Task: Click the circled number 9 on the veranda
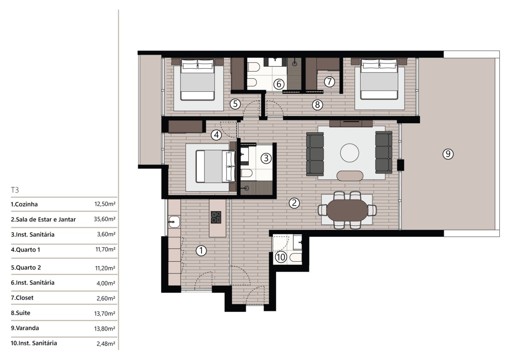point(448,154)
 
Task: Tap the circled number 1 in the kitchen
point(201,250)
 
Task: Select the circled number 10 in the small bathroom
point(281,257)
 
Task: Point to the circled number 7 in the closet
point(329,82)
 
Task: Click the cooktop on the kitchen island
point(216,217)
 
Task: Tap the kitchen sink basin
point(174,222)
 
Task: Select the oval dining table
point(347,210)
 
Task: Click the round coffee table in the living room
point(349,153)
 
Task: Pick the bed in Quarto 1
point(215,166)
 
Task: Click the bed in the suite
point(379,79)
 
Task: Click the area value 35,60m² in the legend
point(105,219)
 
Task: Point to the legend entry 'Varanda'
point(25,328)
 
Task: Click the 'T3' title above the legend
point(15,190)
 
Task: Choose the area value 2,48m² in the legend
point(106,344)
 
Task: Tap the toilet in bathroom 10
point(296,257)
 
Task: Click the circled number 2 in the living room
point(294,203)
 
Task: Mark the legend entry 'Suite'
point(20,313)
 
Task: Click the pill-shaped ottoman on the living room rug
point(350,176)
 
